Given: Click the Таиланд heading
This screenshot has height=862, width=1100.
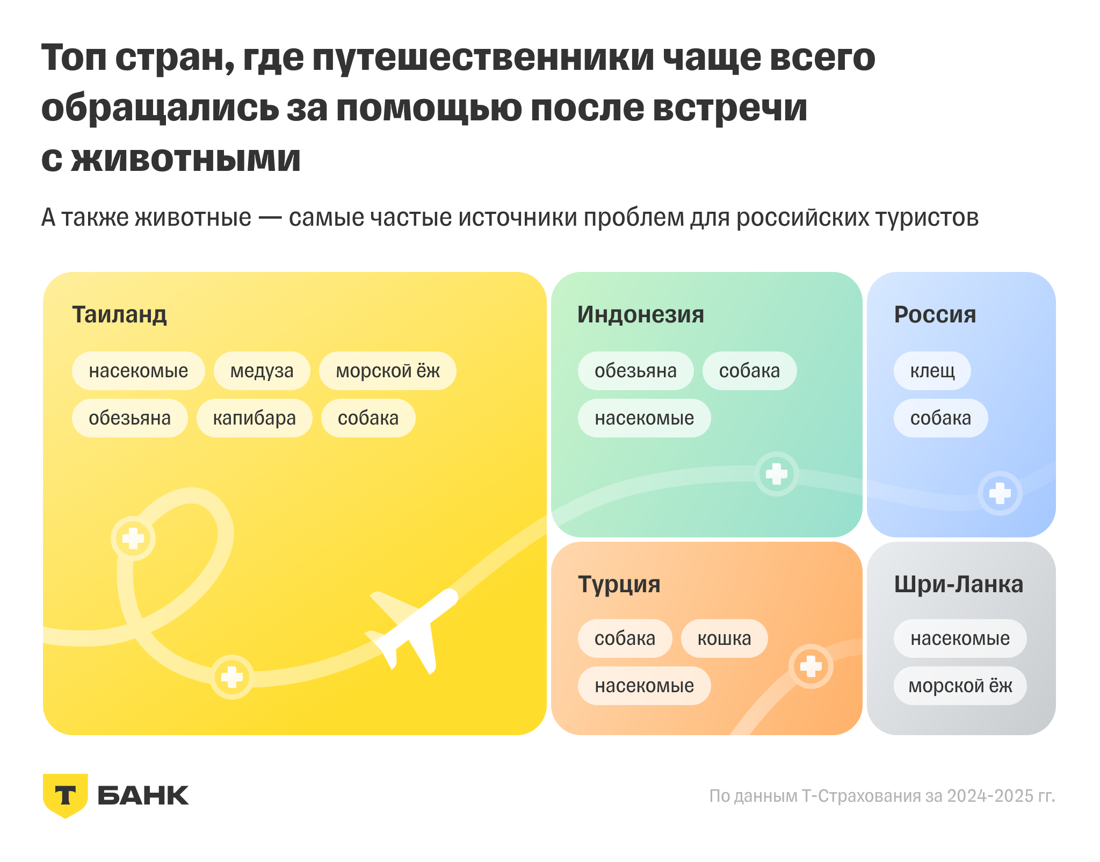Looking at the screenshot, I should click(x=119, y=315).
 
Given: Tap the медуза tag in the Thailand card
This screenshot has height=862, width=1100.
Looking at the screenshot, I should click(x=262, y=371).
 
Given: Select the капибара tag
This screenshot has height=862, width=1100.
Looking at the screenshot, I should click(x=254, y=418).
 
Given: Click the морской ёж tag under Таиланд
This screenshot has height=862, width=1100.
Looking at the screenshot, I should click(x=387, y=371).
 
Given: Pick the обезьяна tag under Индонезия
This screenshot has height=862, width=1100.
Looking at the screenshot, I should click(x=635, y=371).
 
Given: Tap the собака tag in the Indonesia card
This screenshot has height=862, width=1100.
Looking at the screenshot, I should click(x=749, y=371).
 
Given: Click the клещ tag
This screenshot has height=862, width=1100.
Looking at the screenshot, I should click(x=932, y=371).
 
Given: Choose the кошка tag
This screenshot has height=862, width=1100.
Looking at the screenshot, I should click(x=724, y=638).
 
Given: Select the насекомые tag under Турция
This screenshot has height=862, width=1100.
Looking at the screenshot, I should click(x=644, y=686).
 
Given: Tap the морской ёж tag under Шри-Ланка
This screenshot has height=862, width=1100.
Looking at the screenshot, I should click(x=960, y=686).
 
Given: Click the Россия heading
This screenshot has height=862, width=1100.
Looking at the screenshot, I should click(x=935, y=315).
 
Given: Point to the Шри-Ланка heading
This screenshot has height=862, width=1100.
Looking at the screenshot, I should click(x=958, y=585).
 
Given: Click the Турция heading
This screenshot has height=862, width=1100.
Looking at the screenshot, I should click(x=619, y=585).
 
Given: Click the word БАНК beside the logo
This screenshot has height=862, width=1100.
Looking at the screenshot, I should click(x=143, y=796).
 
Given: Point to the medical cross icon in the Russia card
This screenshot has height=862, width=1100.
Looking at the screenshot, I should click(x=1000, y=493).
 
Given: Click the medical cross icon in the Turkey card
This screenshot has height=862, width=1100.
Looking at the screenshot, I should click(x=810, y=666).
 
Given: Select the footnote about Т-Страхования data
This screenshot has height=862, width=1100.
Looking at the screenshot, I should click(x=882, y=796).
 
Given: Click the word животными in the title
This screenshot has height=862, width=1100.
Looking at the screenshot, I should click(x=185, y=159).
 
